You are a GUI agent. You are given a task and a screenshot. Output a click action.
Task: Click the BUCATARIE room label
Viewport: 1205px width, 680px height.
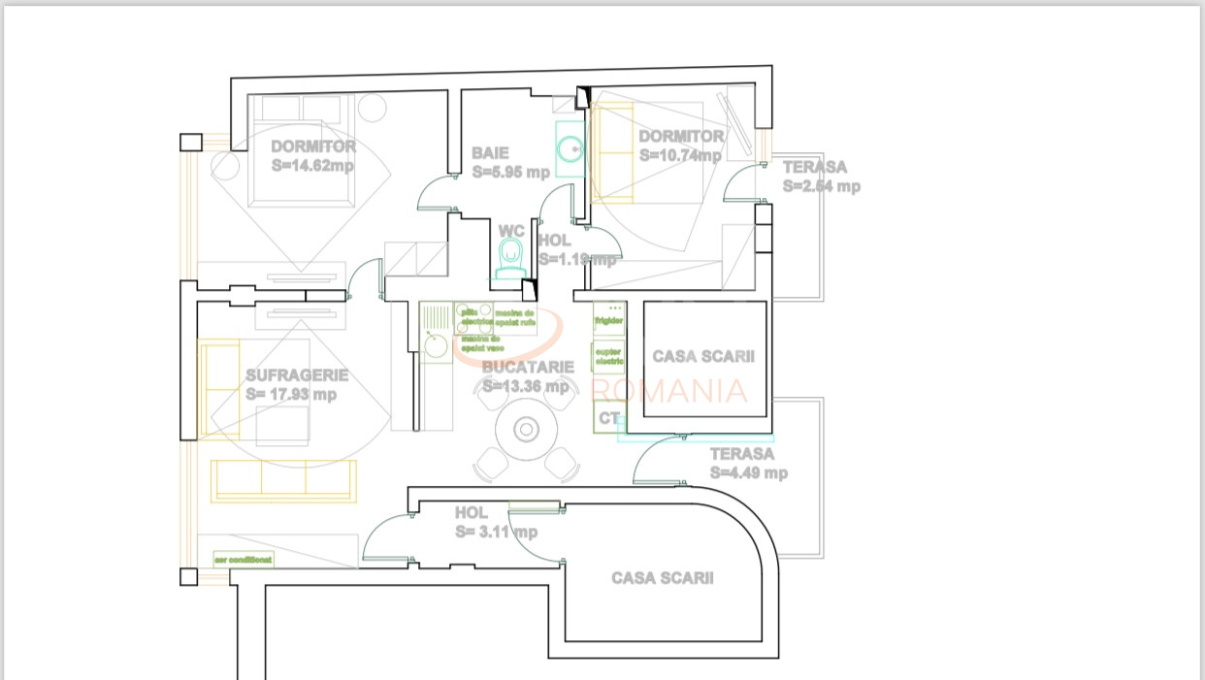528,367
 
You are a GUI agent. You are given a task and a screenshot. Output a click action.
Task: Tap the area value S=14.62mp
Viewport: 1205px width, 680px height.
312,166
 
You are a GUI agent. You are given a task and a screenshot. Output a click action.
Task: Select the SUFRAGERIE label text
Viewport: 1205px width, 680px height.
297,375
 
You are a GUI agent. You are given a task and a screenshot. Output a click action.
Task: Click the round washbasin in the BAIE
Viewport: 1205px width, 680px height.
570,148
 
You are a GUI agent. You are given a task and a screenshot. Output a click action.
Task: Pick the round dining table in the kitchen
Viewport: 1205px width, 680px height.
526,429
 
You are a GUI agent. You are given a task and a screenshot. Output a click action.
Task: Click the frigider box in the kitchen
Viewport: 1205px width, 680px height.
609,319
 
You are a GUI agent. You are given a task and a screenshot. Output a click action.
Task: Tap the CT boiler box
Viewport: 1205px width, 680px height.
608,418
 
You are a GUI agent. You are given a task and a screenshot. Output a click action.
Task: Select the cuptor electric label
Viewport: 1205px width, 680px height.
608,356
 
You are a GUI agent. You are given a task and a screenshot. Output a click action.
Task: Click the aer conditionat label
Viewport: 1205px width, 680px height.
244,560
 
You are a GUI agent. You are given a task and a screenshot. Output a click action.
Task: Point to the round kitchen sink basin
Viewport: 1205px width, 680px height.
437,345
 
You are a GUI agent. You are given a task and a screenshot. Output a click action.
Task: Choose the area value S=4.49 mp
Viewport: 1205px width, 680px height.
748,473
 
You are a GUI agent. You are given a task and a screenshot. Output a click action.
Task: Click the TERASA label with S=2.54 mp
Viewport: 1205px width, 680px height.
815,167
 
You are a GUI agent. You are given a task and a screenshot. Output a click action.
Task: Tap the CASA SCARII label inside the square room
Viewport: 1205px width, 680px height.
703,357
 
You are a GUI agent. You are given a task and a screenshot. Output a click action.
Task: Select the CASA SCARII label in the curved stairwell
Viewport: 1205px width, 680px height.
662,578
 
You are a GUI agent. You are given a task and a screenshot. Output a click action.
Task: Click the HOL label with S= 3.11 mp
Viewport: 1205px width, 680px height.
472,512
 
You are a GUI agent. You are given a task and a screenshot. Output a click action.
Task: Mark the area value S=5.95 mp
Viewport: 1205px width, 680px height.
511,172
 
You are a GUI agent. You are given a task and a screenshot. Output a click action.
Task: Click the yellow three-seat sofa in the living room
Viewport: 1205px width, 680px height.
283,481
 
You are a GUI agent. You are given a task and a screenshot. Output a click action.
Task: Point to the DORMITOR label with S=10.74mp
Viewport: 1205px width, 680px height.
681,137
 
